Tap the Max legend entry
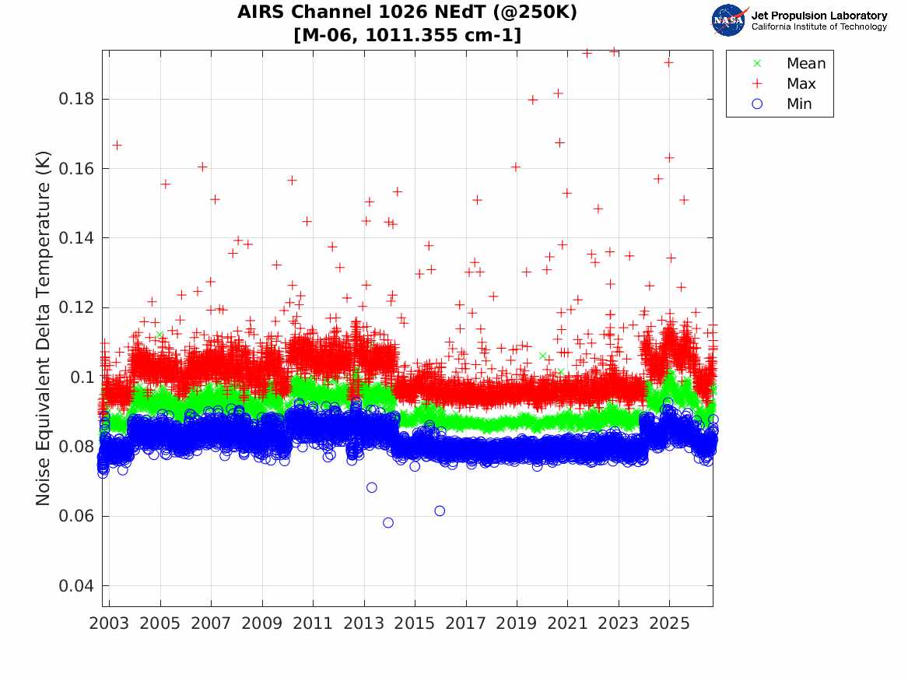(x=784, y=83)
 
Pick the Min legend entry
(x=782, y=104)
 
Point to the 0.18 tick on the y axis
(x=75, y=99)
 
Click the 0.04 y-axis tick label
(x=75, y=585)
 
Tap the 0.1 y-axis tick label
(x=82, y=377)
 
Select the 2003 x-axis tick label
(x=109, y=623)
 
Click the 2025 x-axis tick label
(x=669, y=623)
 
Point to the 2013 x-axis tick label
(x=363, y=623)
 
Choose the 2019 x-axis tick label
(x=517, y=623)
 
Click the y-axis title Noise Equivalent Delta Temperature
(x=44, y=328)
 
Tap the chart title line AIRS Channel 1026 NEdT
(x=407, y=12)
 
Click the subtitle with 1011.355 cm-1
(x=407, y=35)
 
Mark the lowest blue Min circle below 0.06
(x=388, y=523)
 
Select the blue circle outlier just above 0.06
(x=440, y=511)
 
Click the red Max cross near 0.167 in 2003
(x=117, y=145)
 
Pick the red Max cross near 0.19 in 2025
(x=669, y=62)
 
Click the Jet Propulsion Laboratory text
(x=819, y=16)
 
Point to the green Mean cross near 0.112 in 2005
(x=160, y=334)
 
